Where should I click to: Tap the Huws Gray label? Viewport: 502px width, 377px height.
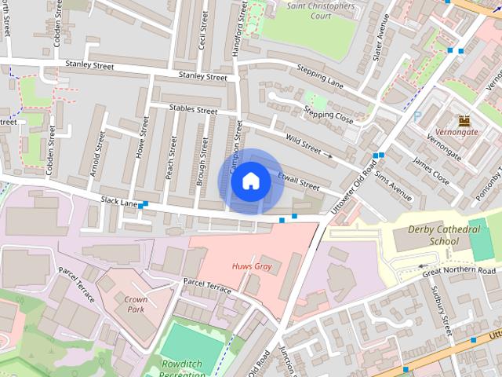click(x=251, y=266)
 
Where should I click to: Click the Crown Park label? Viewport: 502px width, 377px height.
click(x=136, y=304)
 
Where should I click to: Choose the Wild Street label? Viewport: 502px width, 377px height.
click(x=304, y=142)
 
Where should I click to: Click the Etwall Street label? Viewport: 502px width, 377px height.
click(x=299, y=181)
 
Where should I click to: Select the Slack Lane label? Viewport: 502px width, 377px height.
click(x=119, y=203)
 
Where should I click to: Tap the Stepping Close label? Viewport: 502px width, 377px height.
click(x=329, y=114)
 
